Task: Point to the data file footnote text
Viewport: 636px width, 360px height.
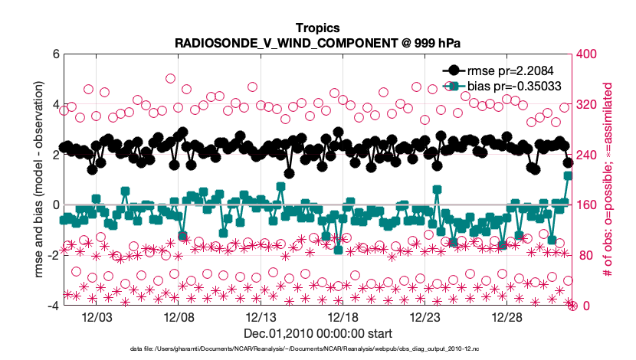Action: click(317, 349)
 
